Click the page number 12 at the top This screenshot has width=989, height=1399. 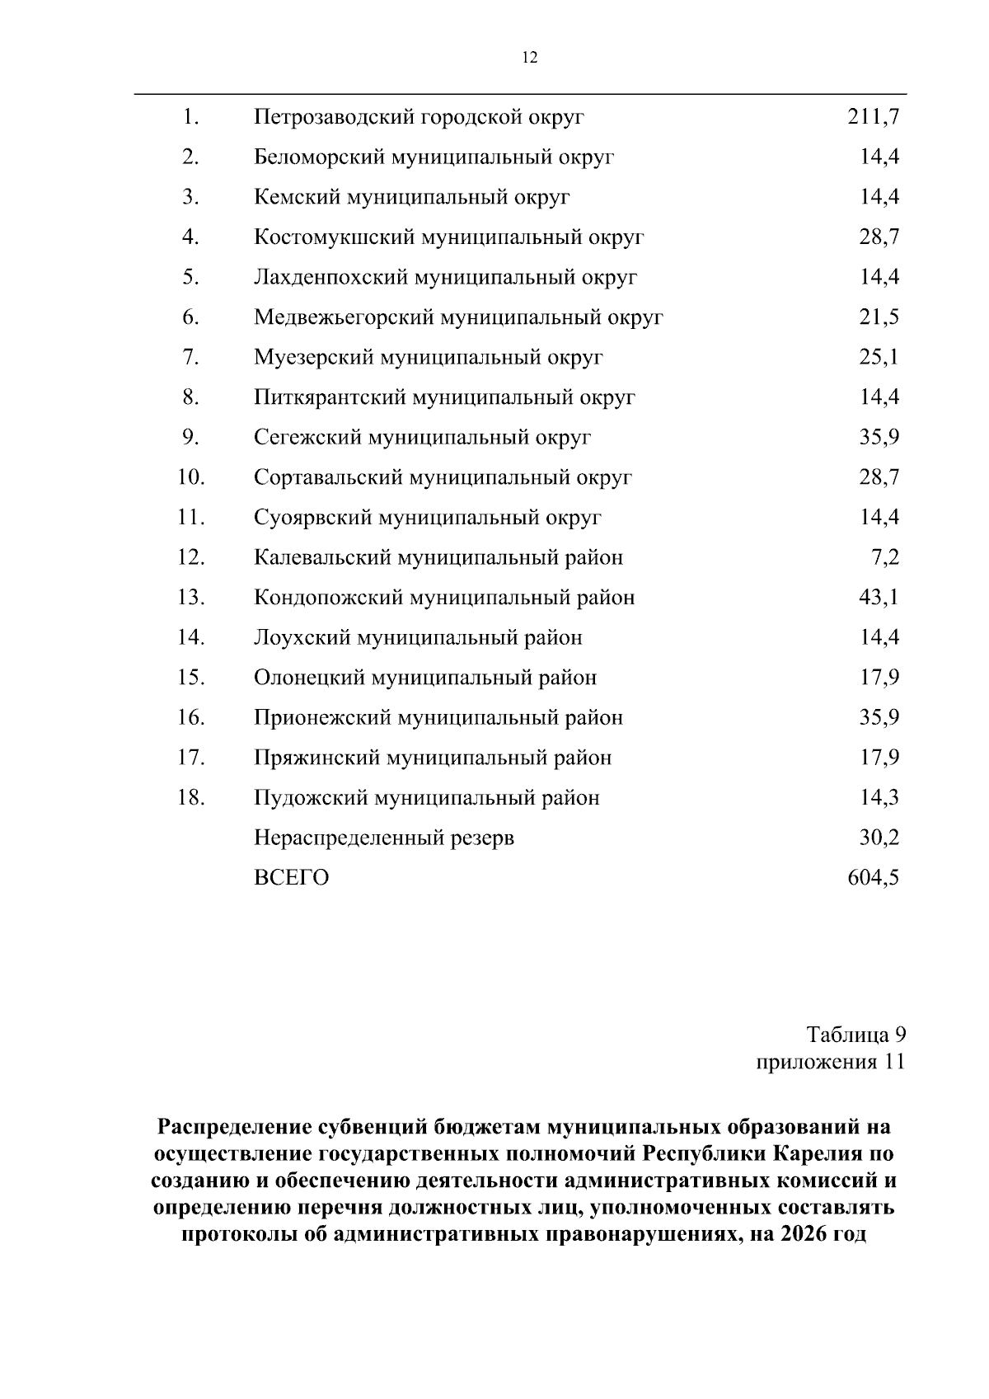click(530, 57)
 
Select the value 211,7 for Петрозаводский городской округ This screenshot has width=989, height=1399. click(873, 117)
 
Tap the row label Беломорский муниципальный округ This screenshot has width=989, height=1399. click(434, 157)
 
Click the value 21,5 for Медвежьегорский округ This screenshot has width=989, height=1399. click(879, 317)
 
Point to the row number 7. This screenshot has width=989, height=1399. click(191, 357)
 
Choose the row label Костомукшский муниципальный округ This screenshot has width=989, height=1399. click(448, 237)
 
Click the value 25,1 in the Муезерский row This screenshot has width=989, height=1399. click(879, 357)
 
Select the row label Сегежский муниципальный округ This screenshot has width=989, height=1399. click(422, 437)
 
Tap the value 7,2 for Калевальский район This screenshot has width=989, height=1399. click(884, 557)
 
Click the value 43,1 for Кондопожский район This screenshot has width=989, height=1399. click(879, 597)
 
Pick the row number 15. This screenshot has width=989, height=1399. click(190, 678)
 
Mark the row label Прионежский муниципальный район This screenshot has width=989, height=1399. click(438, 717)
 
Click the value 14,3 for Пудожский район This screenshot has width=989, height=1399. click(879, 797)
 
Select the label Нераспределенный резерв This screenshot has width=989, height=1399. click(383, 838)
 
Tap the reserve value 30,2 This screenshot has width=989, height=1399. click(879, 838)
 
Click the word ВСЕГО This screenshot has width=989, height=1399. click(291, 877)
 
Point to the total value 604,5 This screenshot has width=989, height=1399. click(873, 877)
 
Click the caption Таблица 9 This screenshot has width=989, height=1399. click(856, 1034)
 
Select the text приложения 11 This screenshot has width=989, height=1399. click(831, 1061)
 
